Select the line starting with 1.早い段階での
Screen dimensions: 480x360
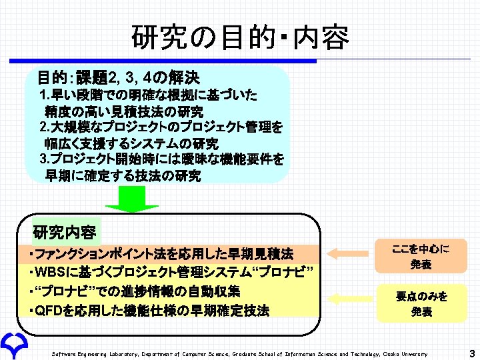149,95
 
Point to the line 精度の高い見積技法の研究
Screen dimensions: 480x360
124,111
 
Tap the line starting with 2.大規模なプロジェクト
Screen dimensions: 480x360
161,127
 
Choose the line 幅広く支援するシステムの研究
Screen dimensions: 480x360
131,143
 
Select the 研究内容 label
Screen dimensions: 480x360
65,233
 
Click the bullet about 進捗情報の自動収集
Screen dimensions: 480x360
135,291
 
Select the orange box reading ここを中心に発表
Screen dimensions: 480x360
421,256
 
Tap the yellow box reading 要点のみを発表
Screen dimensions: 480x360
421,303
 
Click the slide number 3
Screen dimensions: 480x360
471,353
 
